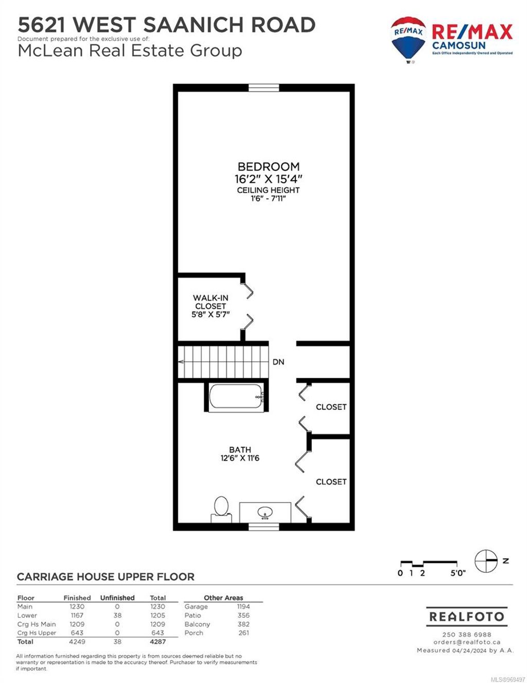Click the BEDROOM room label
point(268,167)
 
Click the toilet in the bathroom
point(221,507)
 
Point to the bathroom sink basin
point(266,513)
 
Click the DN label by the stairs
point(278,362)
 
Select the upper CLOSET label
point(331,407)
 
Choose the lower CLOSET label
point(331,482)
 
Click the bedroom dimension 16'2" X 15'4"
point(268,179)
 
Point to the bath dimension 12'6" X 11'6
point(240,458)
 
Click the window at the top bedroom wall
point(264,88)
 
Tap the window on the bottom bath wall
point(264,526)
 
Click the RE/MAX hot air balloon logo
point(408,39)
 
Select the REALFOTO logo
point(467,617)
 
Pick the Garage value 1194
point(243,607)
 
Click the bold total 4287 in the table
point(158,642)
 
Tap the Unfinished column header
point(117,598)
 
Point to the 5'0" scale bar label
point(458,573)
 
